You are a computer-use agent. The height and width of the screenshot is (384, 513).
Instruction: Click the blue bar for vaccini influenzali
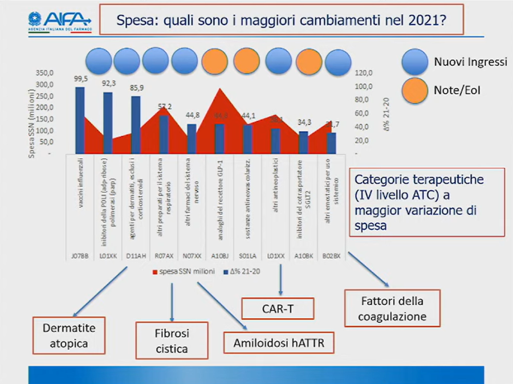[x=80, y=120]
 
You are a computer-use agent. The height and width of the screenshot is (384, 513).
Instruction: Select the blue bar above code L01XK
[x=108, y=122]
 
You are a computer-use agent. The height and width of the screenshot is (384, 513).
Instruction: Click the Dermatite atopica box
[x=69, y=336]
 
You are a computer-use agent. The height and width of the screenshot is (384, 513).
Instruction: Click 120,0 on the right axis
[x=364, y=73]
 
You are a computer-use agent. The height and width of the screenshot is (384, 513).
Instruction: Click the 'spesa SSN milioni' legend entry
[x=183, y=271]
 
